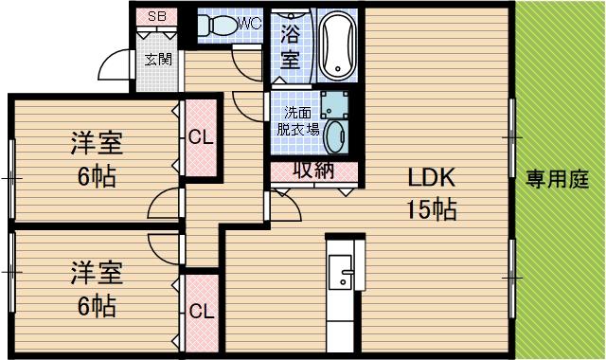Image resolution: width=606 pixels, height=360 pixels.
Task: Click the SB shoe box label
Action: coord(156,17)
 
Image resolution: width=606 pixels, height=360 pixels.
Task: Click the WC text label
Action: coord(250,21)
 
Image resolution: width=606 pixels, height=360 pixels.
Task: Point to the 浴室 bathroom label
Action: coord(291,45)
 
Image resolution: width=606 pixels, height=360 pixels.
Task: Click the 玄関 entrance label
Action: coord(157,60)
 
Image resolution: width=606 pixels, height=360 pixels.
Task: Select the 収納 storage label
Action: coord(313,171)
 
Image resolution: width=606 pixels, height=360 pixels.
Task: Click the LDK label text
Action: coord(432,177)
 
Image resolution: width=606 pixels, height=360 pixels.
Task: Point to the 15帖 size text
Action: coord(432,208)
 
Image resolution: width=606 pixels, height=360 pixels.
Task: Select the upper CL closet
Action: coord(201,135)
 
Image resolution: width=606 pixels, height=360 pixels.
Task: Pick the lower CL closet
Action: coord(201,311)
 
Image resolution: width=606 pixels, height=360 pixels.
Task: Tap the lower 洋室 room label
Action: coord(96,274)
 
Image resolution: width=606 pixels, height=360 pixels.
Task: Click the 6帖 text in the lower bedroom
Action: coord(96,306)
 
